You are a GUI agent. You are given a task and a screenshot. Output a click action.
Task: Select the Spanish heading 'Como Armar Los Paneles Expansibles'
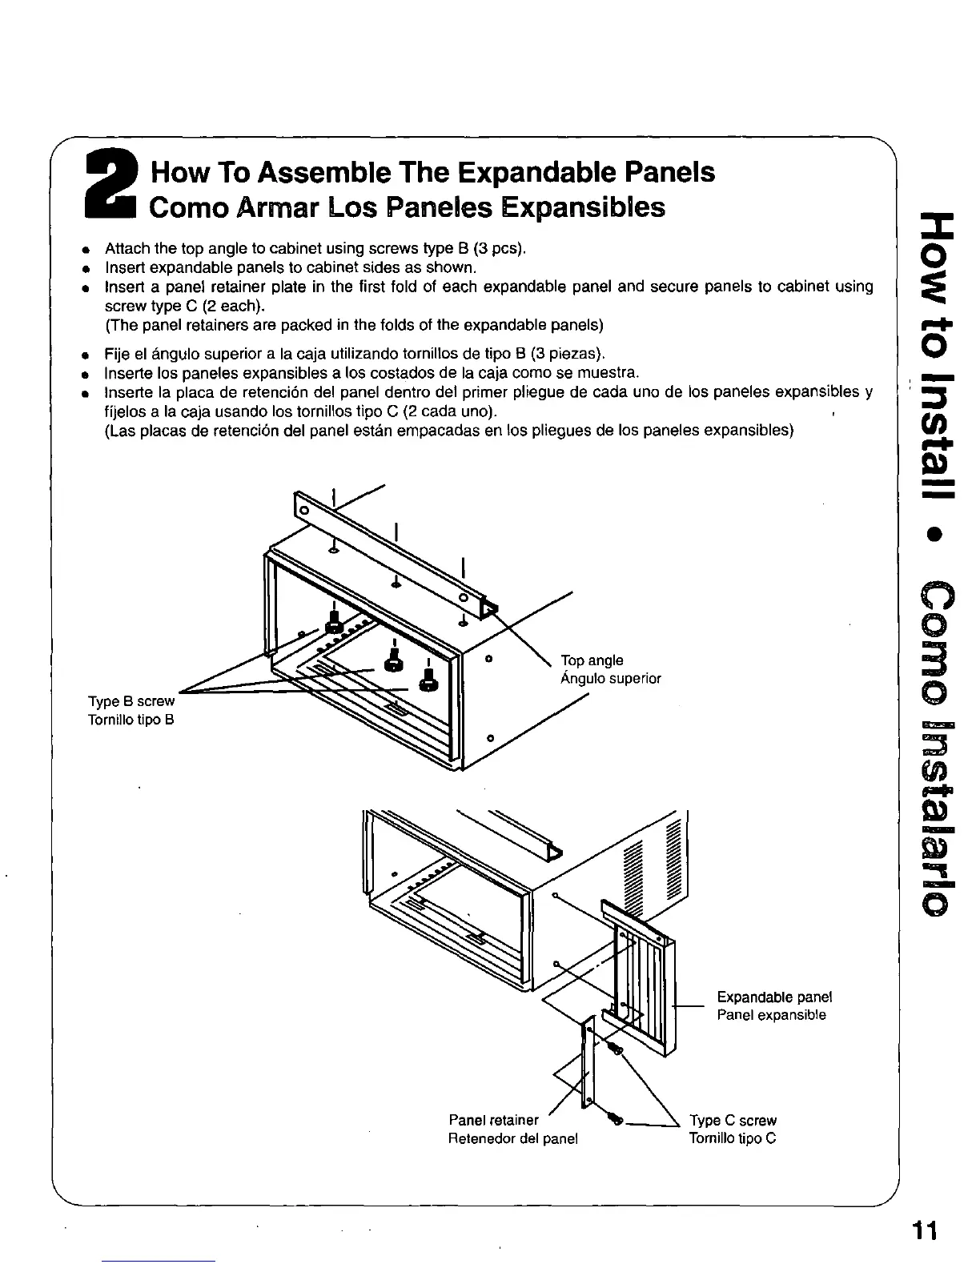[408, 208]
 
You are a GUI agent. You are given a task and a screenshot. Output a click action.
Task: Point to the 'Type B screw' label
[131, 701]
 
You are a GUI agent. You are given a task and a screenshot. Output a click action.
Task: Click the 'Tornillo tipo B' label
[131, 720]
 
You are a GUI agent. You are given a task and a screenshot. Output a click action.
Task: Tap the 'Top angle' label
[592, 660]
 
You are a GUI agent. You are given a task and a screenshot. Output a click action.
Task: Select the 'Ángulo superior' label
[611, 679]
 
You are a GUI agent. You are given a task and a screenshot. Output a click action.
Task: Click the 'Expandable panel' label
[774, 997]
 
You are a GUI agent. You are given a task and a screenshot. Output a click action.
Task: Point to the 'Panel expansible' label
[771, 1015]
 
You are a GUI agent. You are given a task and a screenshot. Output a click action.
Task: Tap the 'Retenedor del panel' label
[512, 1138]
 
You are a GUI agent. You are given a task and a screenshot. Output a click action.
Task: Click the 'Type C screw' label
[733, 1121]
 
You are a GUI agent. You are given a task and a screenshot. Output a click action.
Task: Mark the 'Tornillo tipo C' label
[733, 1138]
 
